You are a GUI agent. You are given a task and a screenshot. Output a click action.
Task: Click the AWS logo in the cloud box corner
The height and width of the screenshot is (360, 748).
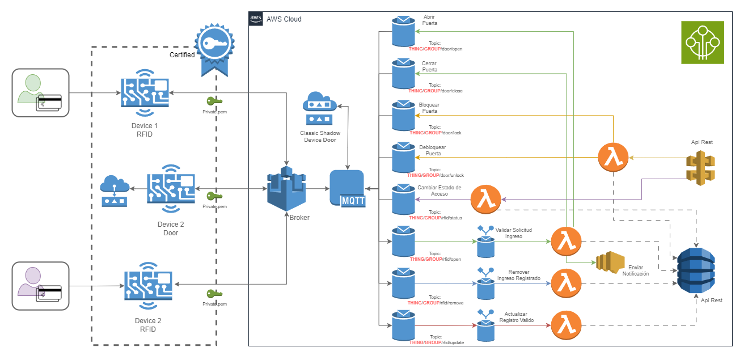point(256,18)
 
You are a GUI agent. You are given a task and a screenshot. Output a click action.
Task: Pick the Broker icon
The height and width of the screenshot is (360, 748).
point(286,189)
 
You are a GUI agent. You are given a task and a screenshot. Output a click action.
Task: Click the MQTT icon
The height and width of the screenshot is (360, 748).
point(347,189)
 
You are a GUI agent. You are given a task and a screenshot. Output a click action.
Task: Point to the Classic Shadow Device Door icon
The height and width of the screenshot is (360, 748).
point(320,108)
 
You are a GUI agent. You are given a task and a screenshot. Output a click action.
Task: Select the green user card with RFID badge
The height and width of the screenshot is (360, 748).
point(40,93)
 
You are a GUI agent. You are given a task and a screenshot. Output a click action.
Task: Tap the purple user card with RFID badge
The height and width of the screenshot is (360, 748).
point(40,285)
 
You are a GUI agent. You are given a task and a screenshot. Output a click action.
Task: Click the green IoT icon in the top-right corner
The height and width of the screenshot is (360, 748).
point(703,42)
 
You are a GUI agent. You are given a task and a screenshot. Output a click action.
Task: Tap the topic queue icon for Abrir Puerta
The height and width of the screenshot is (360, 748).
point(403,31)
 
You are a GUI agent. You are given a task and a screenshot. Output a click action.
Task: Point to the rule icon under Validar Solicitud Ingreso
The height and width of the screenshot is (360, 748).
point(485,243)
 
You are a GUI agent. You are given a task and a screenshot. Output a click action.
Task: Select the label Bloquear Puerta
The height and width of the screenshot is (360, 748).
point(429,108)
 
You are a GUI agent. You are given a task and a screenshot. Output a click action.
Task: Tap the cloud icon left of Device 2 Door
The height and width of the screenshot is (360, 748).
point(115,190)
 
